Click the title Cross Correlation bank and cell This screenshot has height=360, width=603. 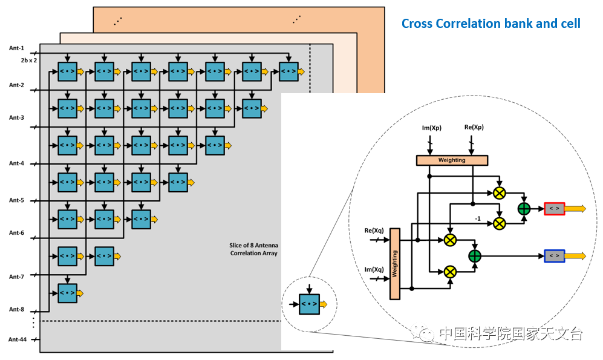click(x=491, y=24)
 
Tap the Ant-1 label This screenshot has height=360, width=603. click(x=16, y=48)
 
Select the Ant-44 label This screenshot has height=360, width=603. click(x=18, y=339)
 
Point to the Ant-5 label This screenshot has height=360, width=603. click(x=16, y=200)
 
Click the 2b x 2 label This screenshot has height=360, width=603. click(x=29, y=61)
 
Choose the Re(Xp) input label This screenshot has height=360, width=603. click(x=473, y=127)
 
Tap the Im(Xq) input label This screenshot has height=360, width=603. click(x=374, y=270)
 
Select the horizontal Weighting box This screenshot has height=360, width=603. click(x=452, y=160)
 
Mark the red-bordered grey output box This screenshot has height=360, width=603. click(x=554, y=209)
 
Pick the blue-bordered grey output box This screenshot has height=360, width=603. click(x=554, y=256)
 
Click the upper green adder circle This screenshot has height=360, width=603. click(x=524, y=209)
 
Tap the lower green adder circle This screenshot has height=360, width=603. click(x=475, y=256)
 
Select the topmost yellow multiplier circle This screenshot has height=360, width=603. click(x=499, y=193)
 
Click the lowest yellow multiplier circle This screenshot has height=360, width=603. click(x=450, y=272)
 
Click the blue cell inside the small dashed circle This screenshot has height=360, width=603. click(x=309, y=304)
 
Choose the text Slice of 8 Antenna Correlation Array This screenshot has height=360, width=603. click(x=253, y=249)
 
